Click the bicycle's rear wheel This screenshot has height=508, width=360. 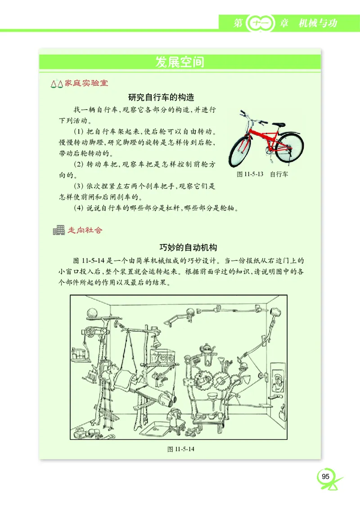tap(289, 147)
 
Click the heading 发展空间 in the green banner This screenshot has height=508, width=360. tap(180, 62)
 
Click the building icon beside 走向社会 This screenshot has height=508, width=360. tap(58, 231)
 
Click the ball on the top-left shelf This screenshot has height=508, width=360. tap(92, 312)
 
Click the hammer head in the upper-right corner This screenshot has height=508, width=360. tap(275, 311)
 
